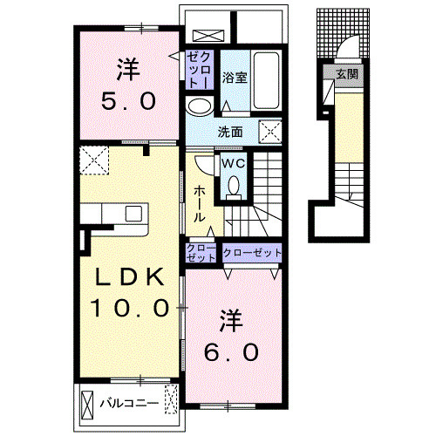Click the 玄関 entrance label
point(347,74)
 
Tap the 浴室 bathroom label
point(235,78)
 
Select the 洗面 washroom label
point(230,133)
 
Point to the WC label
point(233,163)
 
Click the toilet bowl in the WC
point(234,187)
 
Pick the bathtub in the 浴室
point(267,80)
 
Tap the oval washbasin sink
point(200,106)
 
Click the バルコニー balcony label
point(129,404)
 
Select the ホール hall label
point(199,204)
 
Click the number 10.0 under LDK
point(130,308)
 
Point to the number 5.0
point(128,101)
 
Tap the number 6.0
point(231,352)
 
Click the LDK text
point(130,277)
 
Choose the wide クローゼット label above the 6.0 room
point(252,253)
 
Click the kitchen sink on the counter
point(133,214)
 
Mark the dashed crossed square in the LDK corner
point(94,160)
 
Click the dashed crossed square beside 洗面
point(270,132)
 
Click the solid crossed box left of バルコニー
point(87,405)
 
